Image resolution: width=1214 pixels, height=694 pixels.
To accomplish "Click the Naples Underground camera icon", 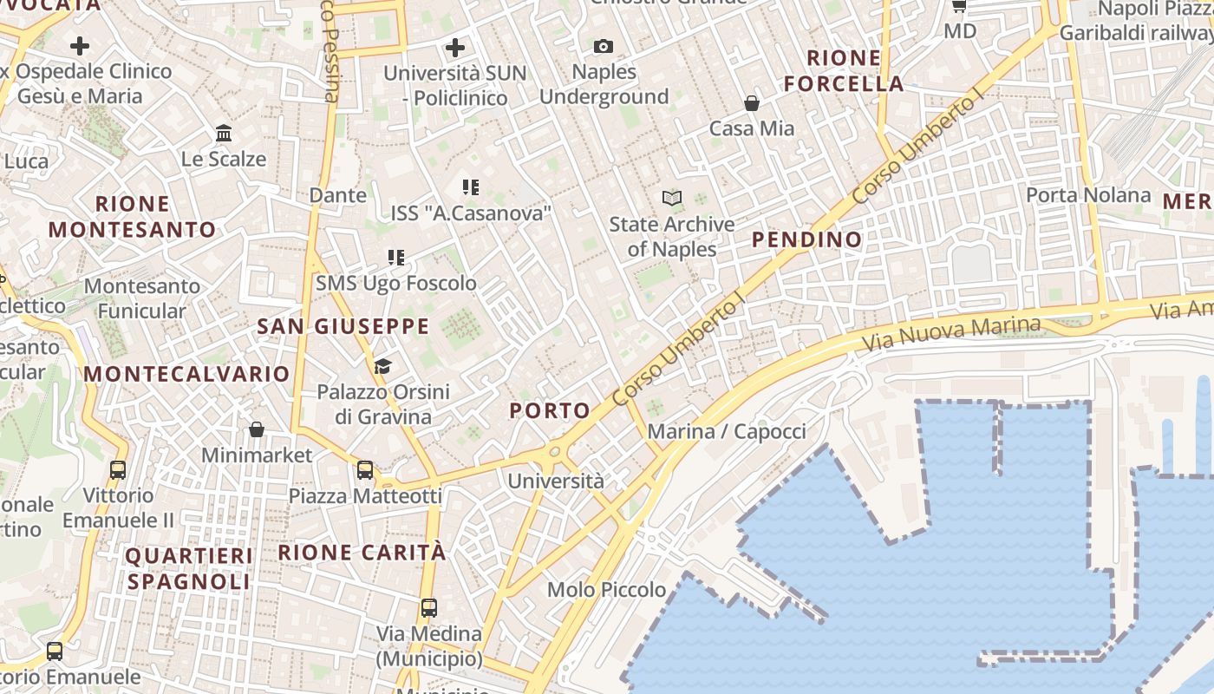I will (x=603, y=46).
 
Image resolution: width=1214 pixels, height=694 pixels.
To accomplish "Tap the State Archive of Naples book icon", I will (x=672, y=199).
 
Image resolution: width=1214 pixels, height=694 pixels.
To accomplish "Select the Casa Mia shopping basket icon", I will (x=752, y=103).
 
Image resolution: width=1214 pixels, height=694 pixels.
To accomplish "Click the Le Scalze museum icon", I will (x=224, y=134).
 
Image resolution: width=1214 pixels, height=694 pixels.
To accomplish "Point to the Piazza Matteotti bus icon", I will (x=365, y=470).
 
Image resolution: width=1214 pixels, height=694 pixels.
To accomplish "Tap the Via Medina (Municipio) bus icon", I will (x=428, y=607).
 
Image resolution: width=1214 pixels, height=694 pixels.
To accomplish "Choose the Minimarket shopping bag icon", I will (x=257, y=429).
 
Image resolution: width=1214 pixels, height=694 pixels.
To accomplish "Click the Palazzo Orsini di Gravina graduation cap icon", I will (x=382, y=366).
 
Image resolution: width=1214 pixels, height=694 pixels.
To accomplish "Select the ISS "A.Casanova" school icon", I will (x=471, y=187).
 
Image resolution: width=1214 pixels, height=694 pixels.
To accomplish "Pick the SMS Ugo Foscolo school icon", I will (x=396, y=258).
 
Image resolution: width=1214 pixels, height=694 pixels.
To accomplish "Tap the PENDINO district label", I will (x=807, y=239).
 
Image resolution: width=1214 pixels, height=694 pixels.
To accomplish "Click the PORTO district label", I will (x=550, y=410).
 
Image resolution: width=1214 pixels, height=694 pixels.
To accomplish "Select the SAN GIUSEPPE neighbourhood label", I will (x=343, y=326).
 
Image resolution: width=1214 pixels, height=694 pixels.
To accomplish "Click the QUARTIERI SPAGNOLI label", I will (x=190, y=568).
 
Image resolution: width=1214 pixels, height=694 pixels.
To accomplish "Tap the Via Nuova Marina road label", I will (x=952, y=333).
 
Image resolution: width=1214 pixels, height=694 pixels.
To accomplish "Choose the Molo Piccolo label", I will (x=607, y=590).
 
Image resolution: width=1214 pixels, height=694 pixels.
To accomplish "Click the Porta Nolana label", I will (x=1088, y=195).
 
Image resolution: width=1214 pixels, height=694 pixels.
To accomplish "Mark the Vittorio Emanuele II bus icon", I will (x=118, y=470).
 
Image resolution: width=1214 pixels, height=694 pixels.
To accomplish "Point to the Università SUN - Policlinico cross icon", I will (x=455, y=47).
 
